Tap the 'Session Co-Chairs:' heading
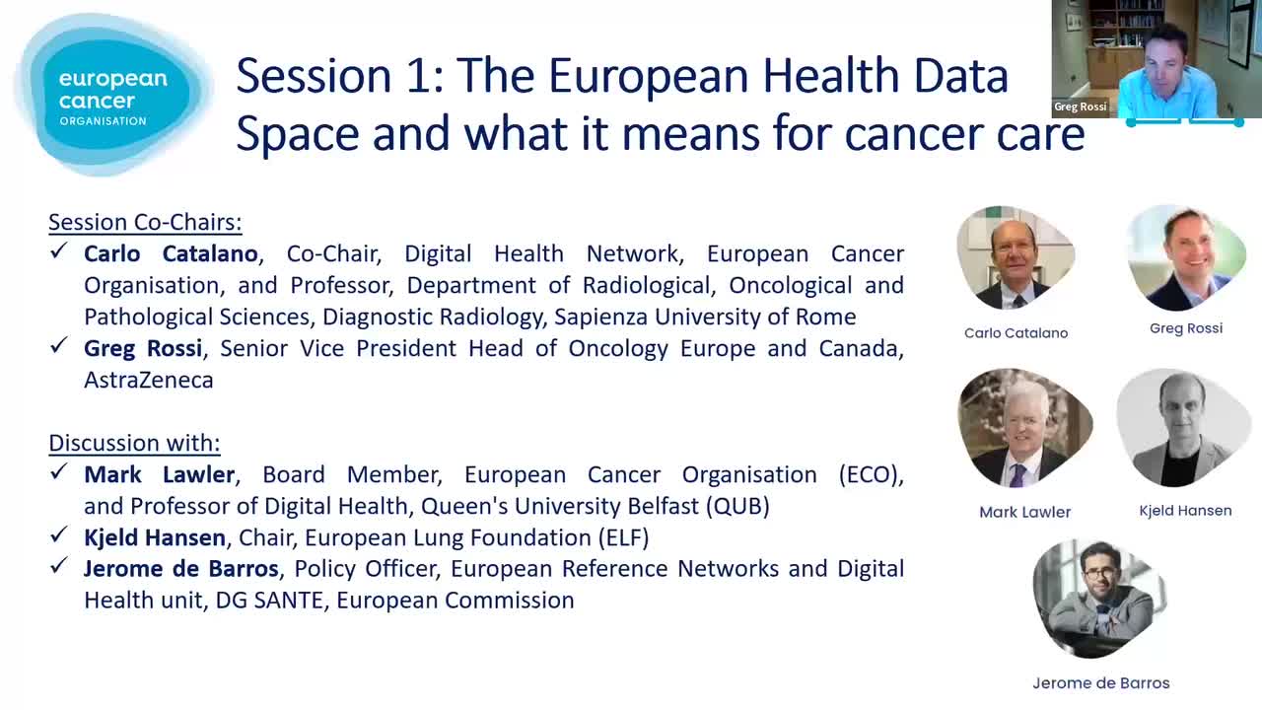pos(145,223)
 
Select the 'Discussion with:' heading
pos(134,444)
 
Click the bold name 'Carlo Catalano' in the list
pos(171,254)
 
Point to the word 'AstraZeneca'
pos(149,381)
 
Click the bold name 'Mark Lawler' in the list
pos(160,475)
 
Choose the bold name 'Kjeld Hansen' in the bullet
pos(155,538)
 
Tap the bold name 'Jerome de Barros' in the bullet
pos(181,569)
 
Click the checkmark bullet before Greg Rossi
pos(58,345)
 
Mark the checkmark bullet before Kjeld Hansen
pos(58,534)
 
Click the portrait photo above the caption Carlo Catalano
pos(1016,258)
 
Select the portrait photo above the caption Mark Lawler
pos(1024,428)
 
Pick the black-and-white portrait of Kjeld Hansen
pos(1183,428)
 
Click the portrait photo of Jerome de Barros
pos(1099,599)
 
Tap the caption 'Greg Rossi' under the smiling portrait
pos(1186,328)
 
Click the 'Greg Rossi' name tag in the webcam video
pos(1080,106)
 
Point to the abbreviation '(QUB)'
pos(738,507)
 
